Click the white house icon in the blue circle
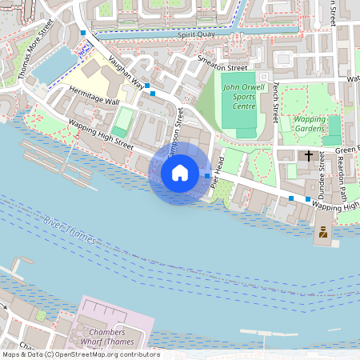[179, 173]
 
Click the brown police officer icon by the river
[322, 233]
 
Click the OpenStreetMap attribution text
[80, 354]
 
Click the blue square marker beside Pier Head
[207, 175]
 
